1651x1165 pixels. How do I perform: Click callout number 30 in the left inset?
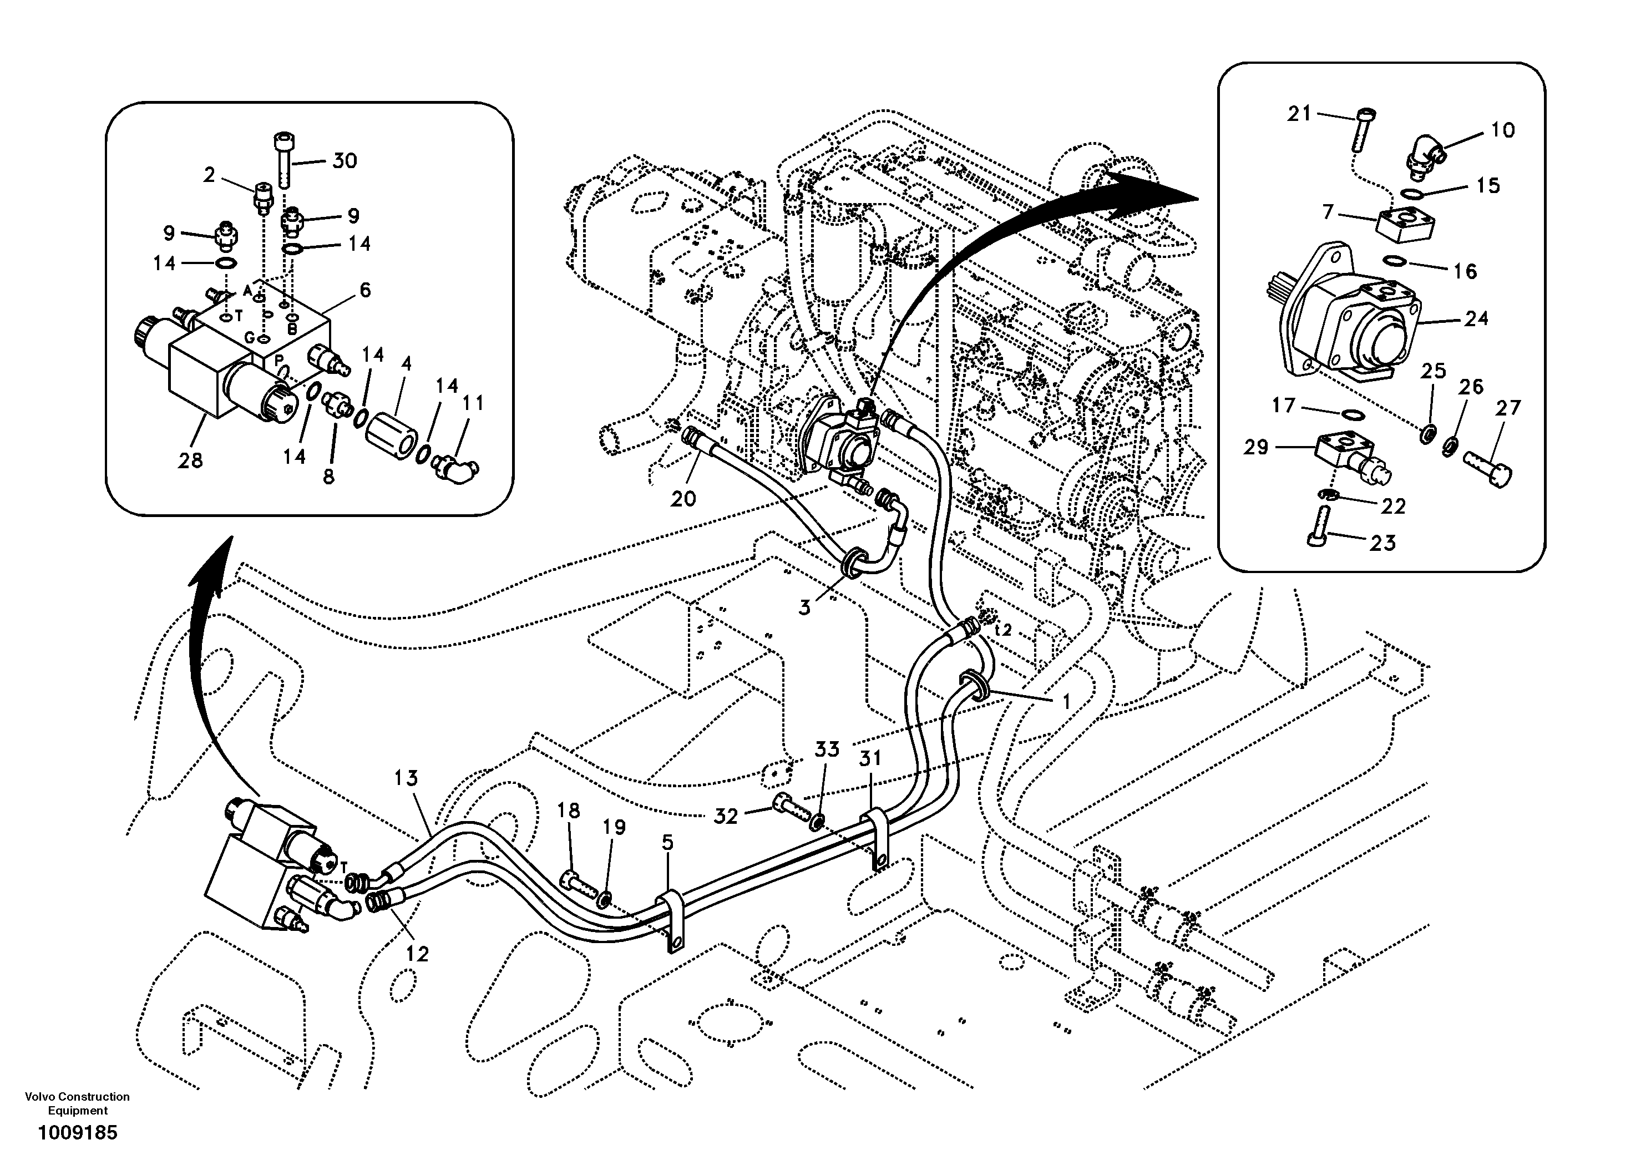[345, 160]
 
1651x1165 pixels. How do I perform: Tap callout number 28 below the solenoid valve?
[190, 461]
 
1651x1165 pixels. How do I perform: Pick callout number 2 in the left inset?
[209, 175]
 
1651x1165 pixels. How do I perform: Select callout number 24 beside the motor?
[1476, 318]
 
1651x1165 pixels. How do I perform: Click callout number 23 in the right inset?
[1382, 543]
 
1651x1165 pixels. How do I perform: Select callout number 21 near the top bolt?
[1299, 114]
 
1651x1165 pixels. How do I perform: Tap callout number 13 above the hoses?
[406, 778]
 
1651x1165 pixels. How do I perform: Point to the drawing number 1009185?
[77, 1133]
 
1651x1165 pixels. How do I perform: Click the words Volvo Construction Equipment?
[77, 1104]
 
